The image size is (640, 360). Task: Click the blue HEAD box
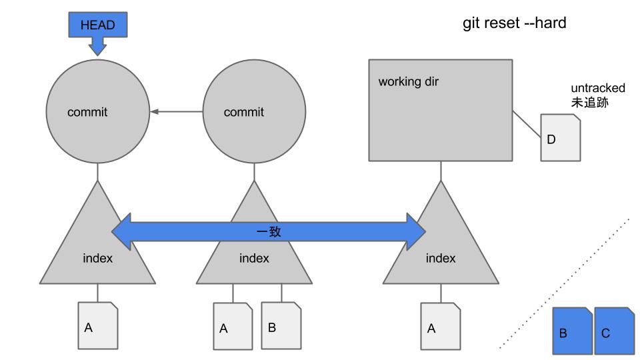coord(97,25)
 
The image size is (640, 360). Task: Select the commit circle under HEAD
coord(97,111)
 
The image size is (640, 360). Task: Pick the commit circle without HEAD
coord(254,111)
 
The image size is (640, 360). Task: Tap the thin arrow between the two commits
coord(176,111)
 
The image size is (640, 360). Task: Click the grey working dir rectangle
coord(441,110)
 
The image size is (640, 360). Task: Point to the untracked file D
coord(561,137)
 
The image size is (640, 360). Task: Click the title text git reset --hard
coord(514,23)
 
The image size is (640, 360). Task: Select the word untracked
coord(598,88)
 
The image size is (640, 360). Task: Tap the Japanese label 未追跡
coord(590,102)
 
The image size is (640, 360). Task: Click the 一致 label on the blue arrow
coord(269,231)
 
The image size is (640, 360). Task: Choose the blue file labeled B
coord(572,331)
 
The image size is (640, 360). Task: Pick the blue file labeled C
coord(614,331)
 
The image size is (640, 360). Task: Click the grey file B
coord(281,325)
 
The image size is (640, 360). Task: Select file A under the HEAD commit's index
coord(98,325)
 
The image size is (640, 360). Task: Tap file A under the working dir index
coord(441,326)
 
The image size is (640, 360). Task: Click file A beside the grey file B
coord(233,326)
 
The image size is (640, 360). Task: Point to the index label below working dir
coord(441,258)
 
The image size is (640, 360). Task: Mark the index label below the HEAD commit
coord(97,258)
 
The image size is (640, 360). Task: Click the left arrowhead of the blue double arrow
coord(121,231)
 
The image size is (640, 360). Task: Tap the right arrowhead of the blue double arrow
coord(416,231)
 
